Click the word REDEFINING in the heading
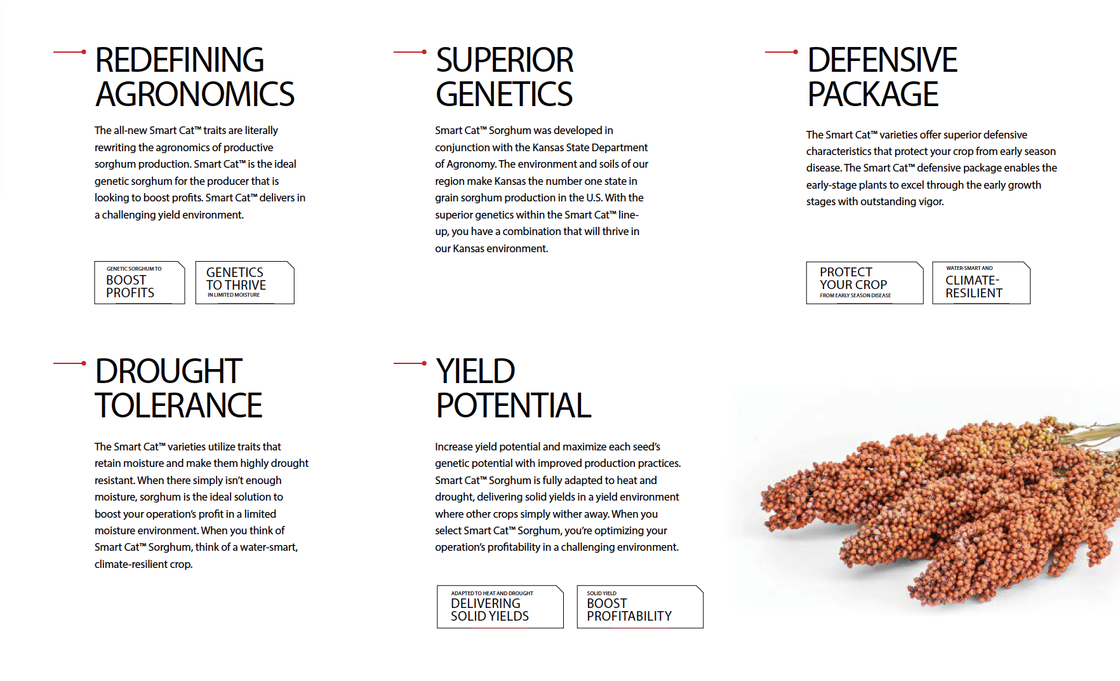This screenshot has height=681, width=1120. (x=179, y=60)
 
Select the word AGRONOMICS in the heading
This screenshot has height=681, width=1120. (x=194, y=95)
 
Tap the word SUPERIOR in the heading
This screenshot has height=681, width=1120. (x=504, y=60)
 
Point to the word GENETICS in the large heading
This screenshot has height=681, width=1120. (x=503, y=95)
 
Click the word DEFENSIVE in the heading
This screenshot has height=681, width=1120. (x=882, y=60)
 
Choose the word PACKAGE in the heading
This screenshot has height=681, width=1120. (x=872, y=95)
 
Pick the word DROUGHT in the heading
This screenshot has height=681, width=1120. (x=168, y=372)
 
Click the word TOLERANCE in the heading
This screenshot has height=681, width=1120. (x=178, y=406)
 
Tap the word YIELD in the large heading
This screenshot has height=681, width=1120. (x=475, y=372)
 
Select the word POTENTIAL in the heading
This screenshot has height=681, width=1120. (x=514, y=406)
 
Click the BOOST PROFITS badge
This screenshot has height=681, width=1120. (x=140, y=283)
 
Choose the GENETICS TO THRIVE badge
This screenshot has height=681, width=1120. (x=245, y=283)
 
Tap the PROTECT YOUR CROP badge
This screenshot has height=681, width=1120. (x=865, y=283)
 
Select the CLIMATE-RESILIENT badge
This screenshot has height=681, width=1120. (x=981, y=283)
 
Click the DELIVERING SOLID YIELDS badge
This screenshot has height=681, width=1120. (x=500, y=607)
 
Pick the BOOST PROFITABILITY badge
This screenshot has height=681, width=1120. (x=640, y=607)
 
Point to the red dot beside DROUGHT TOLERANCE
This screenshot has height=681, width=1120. (x=84, y=363)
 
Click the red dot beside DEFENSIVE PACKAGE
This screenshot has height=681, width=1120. (x=796, y=52)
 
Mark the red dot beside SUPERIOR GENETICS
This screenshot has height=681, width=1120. (x=424, y=52)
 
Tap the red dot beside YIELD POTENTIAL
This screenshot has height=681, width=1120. (x=424, y=363)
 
